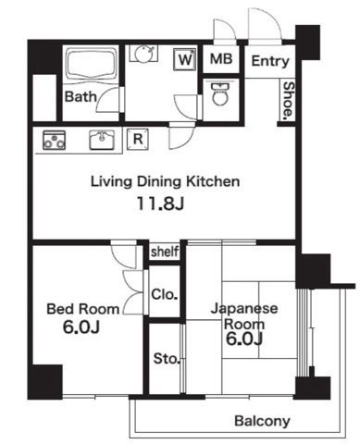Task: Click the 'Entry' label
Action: pyautogui.click(x=270, y=62)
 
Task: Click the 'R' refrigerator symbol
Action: pyautogui.click(x=137, y=139)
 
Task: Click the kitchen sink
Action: pyautogui.click(x=100, y=141)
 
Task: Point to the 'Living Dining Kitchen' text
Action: pyautogui.click(x=164, y=182)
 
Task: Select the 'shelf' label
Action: pyautogui.click(x=164, y=252)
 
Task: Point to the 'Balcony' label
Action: pyautogui.click(x=261, y=421)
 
